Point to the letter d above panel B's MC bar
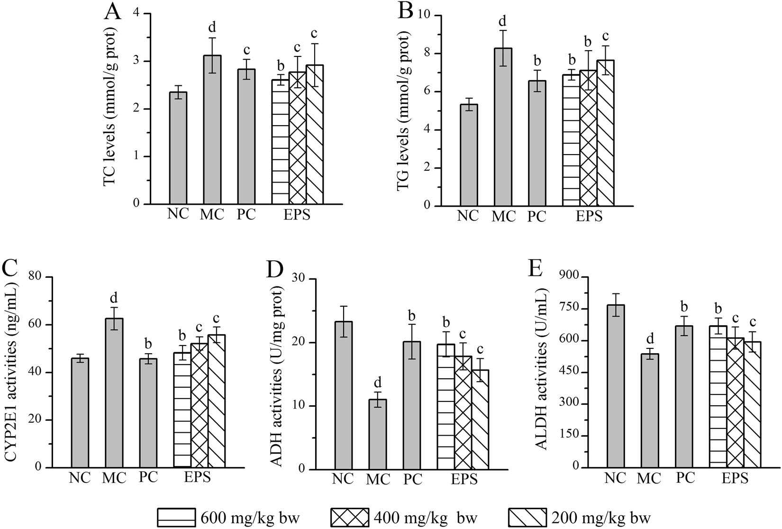pos(502,21)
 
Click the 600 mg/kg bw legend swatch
pos(176,517)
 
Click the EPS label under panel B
pos(589,216)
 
